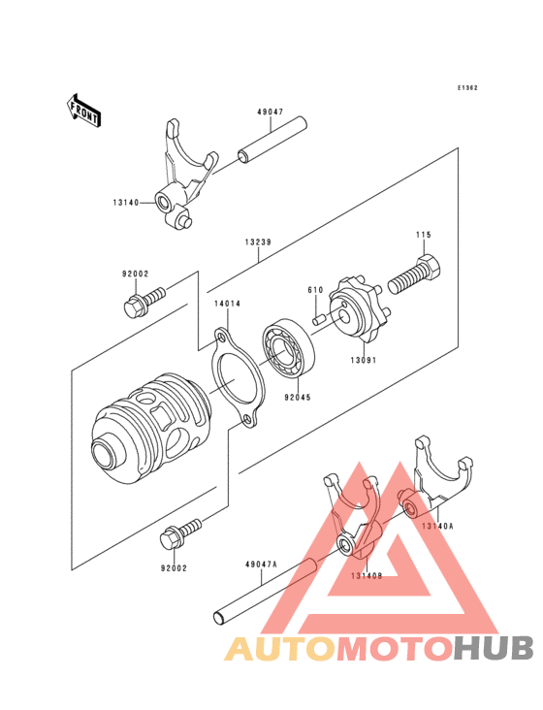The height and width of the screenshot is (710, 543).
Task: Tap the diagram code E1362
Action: coord(468,88)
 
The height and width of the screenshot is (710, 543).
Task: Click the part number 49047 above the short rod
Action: coord(270,112)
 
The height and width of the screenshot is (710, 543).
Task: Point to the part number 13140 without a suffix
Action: coord(126,204)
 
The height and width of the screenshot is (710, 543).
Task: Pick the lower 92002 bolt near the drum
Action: coord(183,530)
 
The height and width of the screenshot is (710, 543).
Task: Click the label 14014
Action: coord(227,304)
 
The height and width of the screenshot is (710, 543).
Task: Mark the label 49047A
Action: coord(262,564)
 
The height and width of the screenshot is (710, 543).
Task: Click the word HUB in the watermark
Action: coord(493,648)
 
